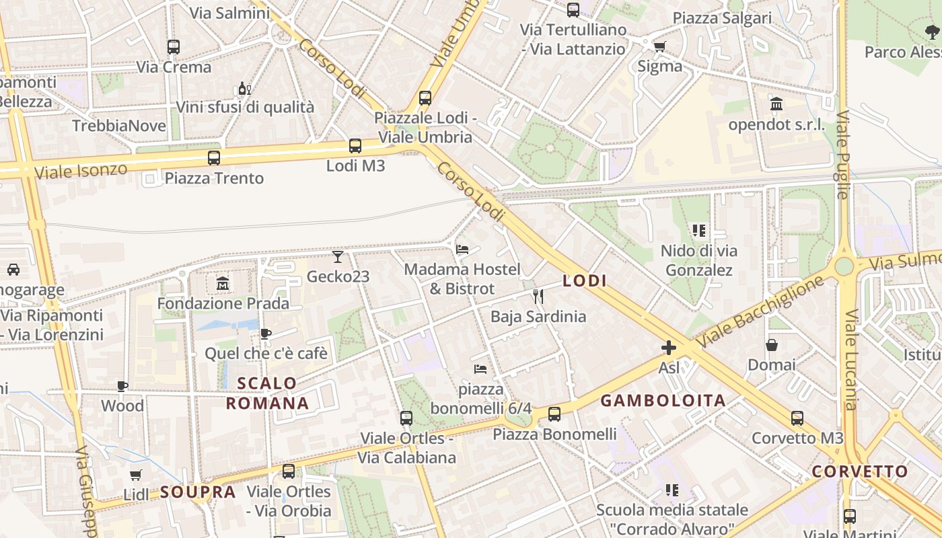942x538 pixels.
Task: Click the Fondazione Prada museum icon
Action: coord(223,284)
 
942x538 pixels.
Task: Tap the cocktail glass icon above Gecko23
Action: coord(338,257)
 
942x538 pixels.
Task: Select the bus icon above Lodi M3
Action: coord(355,145)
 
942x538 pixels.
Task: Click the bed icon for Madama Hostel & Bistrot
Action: coord(462,249)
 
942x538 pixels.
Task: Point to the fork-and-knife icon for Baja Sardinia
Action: coord(538,297)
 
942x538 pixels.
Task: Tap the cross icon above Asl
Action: coord(669,348)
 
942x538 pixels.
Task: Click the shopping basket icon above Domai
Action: coord(772,345)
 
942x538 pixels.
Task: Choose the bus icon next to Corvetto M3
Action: coord(797,418)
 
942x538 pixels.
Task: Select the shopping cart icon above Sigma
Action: coord(659,46)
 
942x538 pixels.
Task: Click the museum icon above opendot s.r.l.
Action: coord(776,104)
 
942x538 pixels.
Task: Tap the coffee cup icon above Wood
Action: coord(122,386)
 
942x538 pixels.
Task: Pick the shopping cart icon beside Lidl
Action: coord(136,475)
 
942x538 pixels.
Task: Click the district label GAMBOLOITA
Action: coord(663,401)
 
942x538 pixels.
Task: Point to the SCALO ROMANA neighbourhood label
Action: coord(267,393)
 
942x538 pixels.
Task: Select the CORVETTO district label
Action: coord(860,471)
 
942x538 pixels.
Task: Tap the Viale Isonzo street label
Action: coord(81,170)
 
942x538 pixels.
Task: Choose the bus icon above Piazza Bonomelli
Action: coord(554,414)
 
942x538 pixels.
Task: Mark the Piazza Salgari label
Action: coord(722,18)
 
